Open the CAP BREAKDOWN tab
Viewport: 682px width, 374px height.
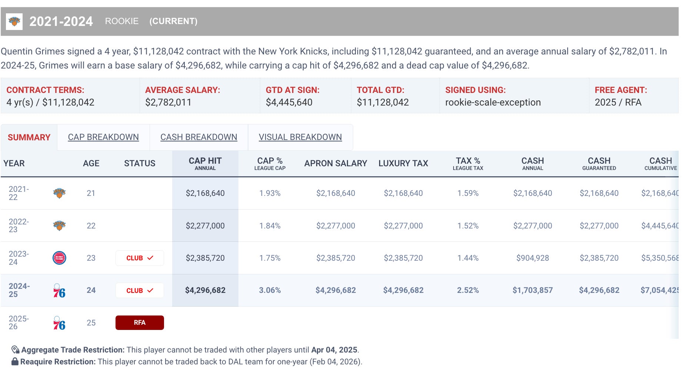[103, 137]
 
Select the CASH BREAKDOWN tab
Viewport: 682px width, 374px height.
[198, 137]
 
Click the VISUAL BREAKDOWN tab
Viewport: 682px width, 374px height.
[300, 137]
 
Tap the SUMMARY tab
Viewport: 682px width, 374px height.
[29, 137]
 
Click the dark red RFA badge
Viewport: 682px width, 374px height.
[140, 323]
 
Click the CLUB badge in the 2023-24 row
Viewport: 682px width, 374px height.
[140, 258]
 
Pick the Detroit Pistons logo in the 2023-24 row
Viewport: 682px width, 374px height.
[59, 258]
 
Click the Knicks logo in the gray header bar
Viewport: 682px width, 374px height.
[14, 21]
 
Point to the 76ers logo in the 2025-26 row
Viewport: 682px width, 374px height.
[59, 323]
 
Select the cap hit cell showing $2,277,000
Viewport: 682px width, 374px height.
[205, 226]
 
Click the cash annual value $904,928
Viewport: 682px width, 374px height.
[532, 258]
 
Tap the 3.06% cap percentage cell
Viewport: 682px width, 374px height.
[270, 290]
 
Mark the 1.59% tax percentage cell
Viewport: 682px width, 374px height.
[468, 193]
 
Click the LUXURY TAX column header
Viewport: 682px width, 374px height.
[403, 163]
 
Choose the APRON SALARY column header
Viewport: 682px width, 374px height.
[335, 163]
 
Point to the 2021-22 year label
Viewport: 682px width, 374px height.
[19, 193]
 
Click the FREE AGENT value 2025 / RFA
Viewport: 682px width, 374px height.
[618, 102]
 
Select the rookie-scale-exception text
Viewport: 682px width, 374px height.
[493, 102]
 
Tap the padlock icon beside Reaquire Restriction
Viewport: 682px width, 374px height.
[15, 361]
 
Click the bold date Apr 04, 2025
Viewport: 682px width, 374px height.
[334, 350]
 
